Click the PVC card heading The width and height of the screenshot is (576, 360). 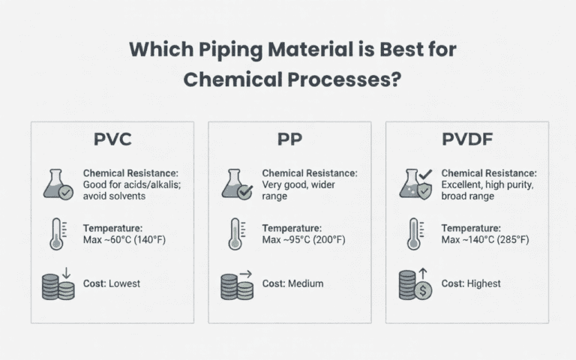pyautogui.click(x=112, y=140)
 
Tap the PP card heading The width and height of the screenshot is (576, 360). pyautogui.click(x=289, y=140)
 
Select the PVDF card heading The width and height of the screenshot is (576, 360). pyautogui.click(x=466, y=140)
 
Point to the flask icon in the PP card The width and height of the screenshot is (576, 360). pyautogui.click(x=235, y=184)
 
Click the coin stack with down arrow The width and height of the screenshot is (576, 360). pyautogui.click(x=58, y=285)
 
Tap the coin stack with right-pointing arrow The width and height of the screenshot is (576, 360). pyautogui.click(x=235, y=285)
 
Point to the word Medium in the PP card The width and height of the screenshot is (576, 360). pyautogui.click(x=304, y=283)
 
